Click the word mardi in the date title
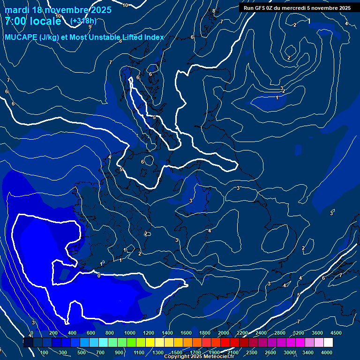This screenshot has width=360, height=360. pos(17,10)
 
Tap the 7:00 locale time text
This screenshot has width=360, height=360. pos(33,21)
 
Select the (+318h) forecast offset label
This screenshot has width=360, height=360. pos(83,21)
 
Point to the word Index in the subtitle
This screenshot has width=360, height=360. pos(154,37)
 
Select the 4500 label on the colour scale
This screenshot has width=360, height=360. pos(336,333)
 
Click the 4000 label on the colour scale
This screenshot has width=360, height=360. pos(327,352)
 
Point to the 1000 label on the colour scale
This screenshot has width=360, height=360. pos(129,333)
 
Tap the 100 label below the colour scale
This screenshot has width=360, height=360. pos(45,352)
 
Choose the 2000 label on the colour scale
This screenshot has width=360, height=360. pos(224,333)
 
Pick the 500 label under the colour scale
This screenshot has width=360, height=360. pos(82,352)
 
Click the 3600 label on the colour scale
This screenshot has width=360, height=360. pos(317,333)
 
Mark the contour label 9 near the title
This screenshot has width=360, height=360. pos(90,27)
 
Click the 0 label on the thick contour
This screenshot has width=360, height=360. pos(98,276)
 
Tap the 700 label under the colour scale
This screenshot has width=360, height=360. pos(101,352)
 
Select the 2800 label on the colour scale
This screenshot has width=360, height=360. pos(280,333)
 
